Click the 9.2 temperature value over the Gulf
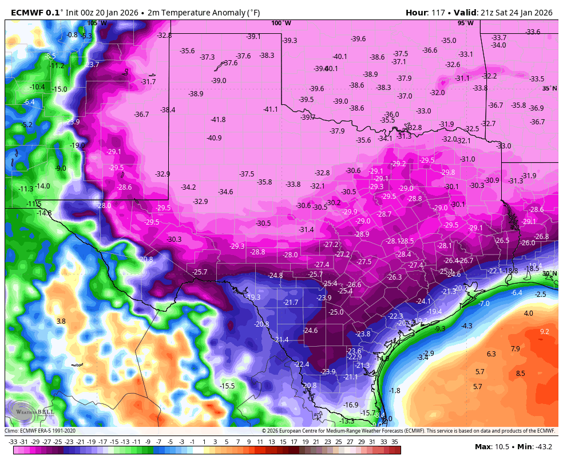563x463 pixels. click(544, 332)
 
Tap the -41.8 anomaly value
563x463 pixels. click(218, 120)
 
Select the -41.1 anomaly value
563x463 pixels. click(271, 109)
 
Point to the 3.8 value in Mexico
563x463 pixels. click(61, 321)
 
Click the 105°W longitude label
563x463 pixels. click(97, 23)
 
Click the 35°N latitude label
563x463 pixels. click(549, 88)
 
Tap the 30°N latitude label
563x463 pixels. click(549, 274)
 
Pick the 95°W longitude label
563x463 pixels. click(465, 23)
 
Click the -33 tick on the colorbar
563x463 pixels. click(13, 442)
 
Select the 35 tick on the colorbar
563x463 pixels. click(395, 442)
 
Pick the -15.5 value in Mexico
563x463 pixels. click(227, 386)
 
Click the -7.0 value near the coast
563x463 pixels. click(484, 303)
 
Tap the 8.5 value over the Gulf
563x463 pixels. click(520, 374)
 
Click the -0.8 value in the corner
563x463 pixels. click(72, 35)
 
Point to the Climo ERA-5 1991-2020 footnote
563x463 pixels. click(40, 431)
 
